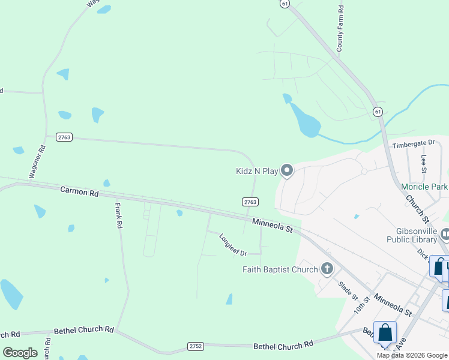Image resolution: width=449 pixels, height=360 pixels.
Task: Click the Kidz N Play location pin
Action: [x=287, y=171]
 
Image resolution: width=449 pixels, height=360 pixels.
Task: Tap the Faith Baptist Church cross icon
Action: [x=327, y=268]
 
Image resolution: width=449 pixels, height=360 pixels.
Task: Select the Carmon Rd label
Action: [x=79, y=192]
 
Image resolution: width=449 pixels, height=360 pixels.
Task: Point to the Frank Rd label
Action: [x=119, y=215]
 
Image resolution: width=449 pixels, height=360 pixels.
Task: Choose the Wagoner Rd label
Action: [x=37, y=161]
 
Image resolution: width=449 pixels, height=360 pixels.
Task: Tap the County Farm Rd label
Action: [x=340, y=28]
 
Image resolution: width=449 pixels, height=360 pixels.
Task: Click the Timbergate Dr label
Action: [x=413, y=143]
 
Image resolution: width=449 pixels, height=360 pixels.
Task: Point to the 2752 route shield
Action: [x=195, y=346]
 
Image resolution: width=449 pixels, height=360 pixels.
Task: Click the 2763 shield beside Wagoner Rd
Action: [x=64, y=137]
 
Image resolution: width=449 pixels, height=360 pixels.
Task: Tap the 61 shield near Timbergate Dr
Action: [x=377, y=112]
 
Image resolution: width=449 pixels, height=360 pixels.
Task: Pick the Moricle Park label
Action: [x=424, y=187]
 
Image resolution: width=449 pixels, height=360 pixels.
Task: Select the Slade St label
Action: [x=348, y=291]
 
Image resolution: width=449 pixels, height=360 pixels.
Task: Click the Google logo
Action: [x=20, y=353]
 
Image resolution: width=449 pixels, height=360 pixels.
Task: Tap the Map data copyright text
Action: [x=412, y=355]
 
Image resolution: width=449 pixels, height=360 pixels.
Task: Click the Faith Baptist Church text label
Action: [x=280, y=269]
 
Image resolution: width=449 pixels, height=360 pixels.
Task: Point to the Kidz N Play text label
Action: [x=257, y=172]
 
